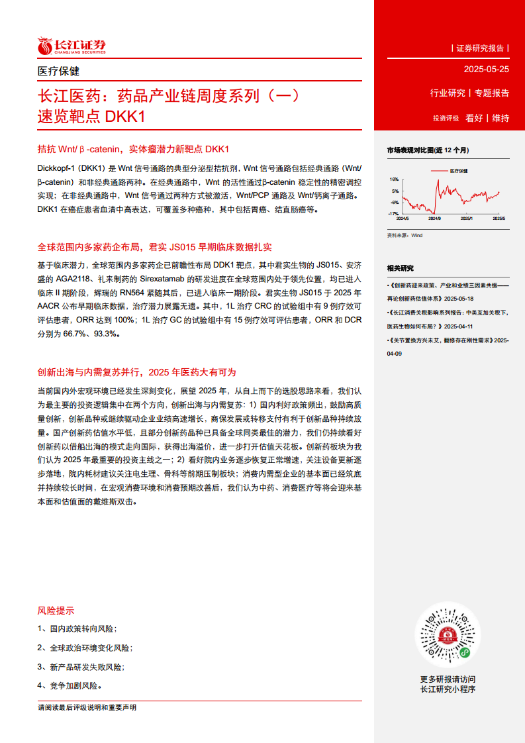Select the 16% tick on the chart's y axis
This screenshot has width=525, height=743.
[x=394, y=179]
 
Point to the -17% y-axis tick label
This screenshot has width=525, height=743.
[x=393, y=214]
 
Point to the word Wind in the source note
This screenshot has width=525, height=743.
[x=416, y=235]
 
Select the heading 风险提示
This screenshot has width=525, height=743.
[x=56, y=611]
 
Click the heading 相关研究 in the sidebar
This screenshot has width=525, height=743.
[x=400, y=268]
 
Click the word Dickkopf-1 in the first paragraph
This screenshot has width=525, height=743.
[x=57, y=168]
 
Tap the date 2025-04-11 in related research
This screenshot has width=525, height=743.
[x=457, y=326]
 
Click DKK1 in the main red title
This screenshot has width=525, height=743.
[x=124, y=117]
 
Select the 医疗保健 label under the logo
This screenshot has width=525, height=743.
[x=58, y=71]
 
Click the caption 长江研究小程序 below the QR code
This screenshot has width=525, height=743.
[x=448, y=689]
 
